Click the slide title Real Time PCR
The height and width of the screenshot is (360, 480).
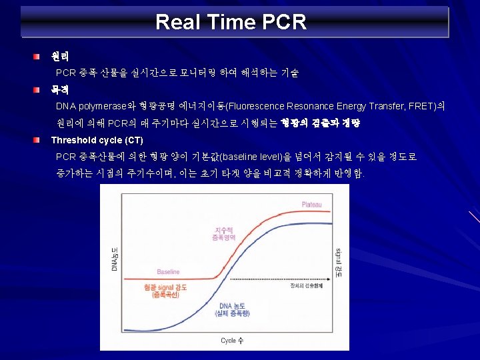tap(231, 22)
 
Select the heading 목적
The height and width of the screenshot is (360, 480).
tap(60, 89)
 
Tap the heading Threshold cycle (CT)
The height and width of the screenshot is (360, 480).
tap(97, 140)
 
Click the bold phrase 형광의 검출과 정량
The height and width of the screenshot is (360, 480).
tap(320, 123)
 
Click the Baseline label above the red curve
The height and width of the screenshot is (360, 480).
tap(168, 272)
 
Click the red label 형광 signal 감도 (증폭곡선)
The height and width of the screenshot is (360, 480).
tap(165, 290)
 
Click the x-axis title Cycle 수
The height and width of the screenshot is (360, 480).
tap(231, 340)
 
